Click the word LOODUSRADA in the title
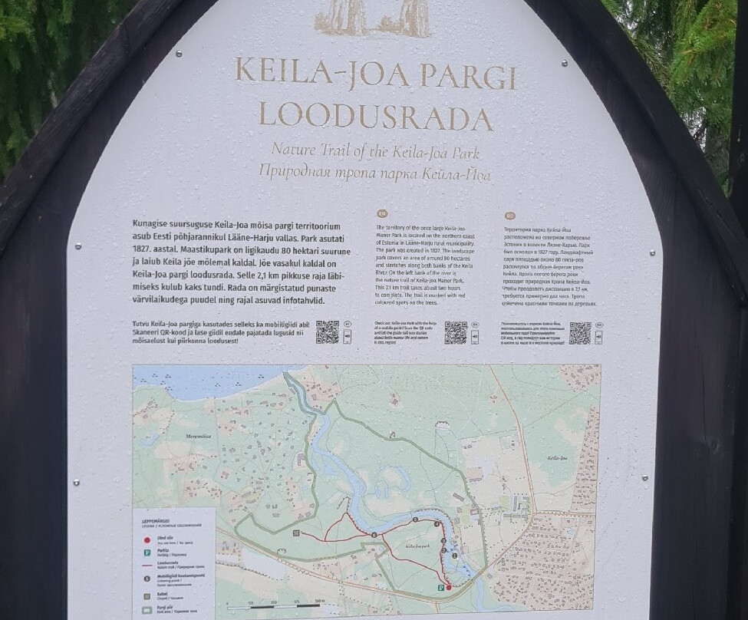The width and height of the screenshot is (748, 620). (375, 117)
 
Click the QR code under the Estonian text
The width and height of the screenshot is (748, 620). (328, 332)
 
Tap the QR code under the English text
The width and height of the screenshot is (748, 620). (456, 332)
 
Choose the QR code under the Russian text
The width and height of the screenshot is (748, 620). (580, 332)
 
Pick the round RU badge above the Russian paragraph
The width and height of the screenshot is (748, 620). (509, 216)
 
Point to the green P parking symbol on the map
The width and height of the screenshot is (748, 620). (440, 587)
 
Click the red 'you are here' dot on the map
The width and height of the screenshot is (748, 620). (449, 587)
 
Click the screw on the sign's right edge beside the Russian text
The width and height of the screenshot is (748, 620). (652, 252)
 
